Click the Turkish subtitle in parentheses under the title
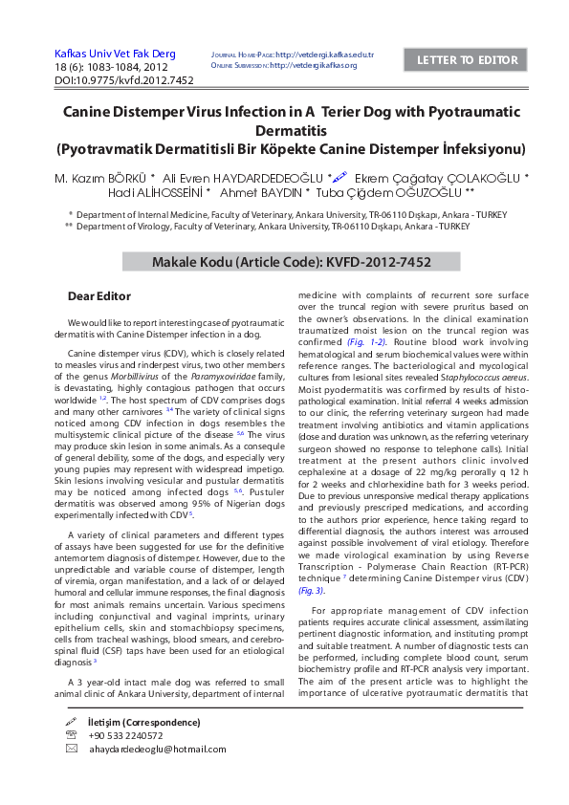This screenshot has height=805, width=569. (x=291, y=150)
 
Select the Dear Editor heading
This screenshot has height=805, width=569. (x=99, y=296)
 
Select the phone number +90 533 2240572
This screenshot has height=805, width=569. (x=125, y=735)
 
